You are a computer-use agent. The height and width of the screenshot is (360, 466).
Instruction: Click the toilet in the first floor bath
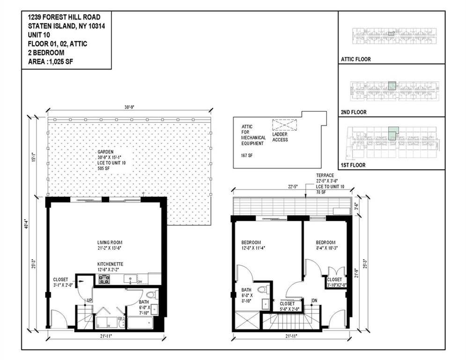coord(155,295)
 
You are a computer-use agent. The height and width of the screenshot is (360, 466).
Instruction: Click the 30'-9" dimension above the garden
coord(130,107)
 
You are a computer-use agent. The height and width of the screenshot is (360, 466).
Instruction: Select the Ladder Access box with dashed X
coord(285,125)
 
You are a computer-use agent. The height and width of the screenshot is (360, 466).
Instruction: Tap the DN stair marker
coord(315,300)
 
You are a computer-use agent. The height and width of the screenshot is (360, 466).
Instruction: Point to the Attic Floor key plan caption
coord(356,60)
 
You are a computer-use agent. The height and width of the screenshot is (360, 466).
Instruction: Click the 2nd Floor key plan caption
coord(354,112)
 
